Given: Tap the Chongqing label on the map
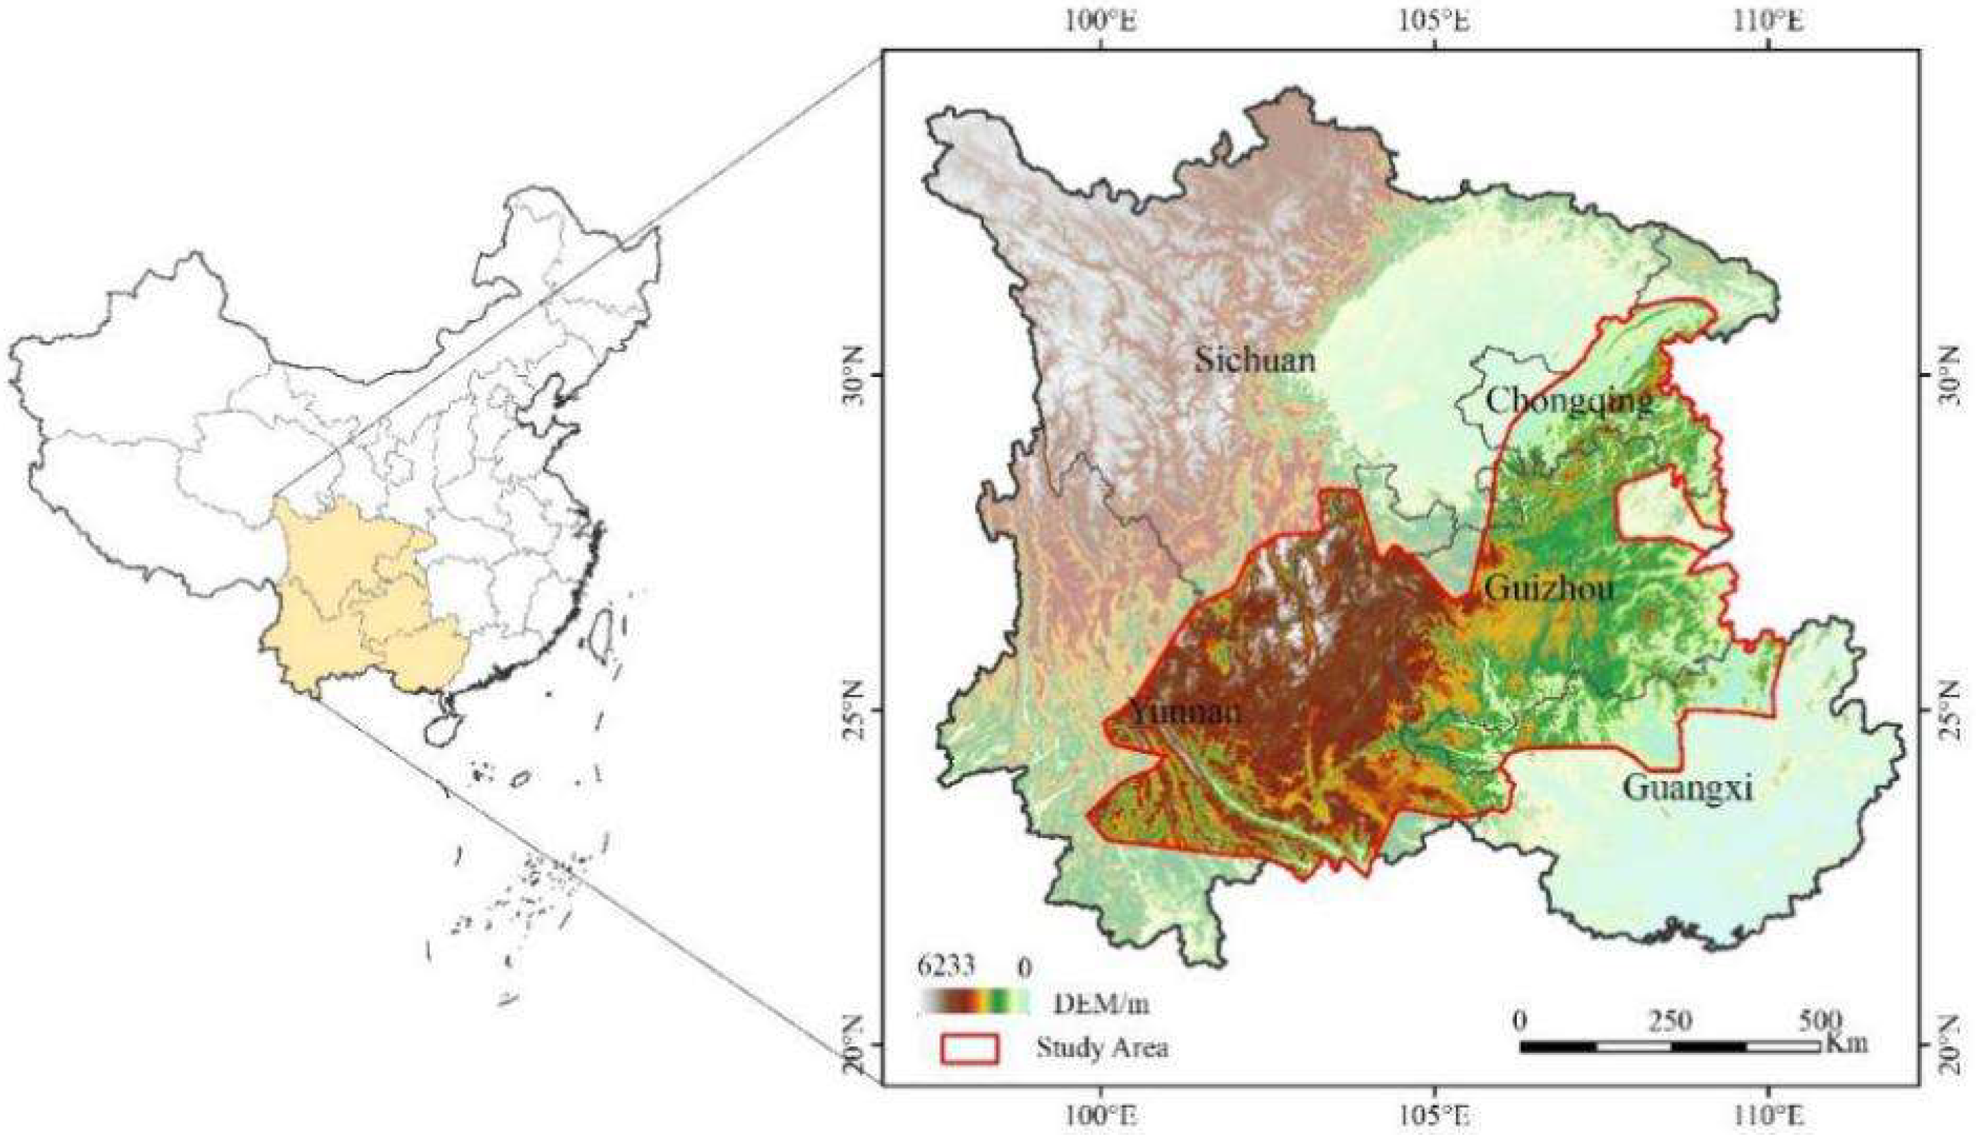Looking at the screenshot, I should (x=1568, y=402).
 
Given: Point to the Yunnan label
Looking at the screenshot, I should (x=1184, y=712).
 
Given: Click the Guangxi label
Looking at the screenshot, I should (x=1687, y=788).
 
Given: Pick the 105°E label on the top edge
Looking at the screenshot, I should (x=1435, y=22).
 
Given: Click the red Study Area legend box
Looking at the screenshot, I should (x=970, y=1049).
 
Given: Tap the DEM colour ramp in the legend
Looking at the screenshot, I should (x=975, y=1002).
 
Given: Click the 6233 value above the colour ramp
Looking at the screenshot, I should (x=945, y=967).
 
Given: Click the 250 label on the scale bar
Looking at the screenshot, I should (x=1671, y=1021).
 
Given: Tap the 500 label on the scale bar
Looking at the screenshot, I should (x=1819, y=1021).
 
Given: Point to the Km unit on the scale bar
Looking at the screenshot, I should (x=1846, y=1043).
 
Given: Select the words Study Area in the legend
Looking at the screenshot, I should (x=1102, y=1047).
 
